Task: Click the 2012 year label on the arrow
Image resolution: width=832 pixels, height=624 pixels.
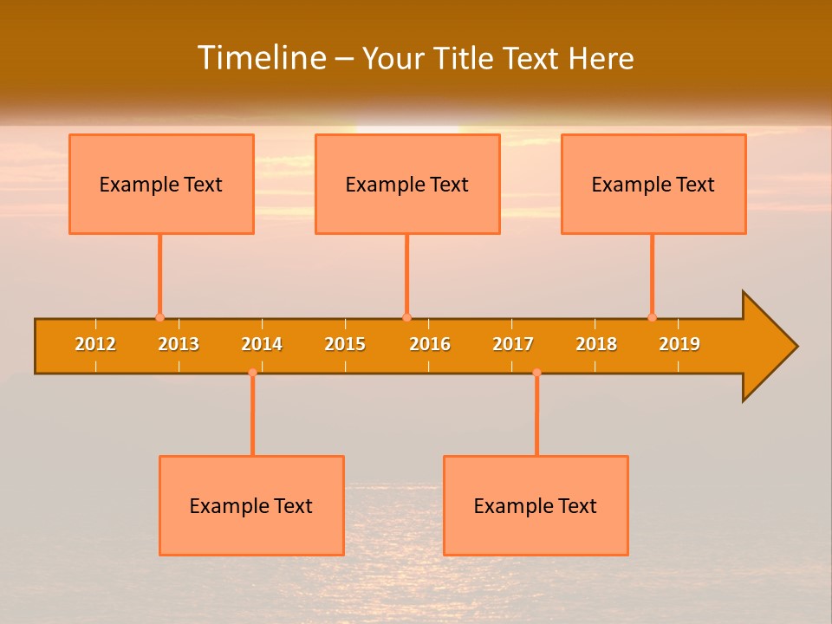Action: click(x=95, y=344)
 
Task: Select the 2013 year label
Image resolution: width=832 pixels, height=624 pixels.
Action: click(x=179, y=344)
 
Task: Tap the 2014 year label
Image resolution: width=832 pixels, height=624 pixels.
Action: click(x=262, y=344)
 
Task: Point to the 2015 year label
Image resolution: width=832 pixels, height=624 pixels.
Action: click(x=345, y=344)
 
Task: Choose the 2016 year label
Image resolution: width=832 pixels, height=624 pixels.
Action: click(x=430, y=344)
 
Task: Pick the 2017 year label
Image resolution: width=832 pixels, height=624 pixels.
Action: click(x=513, y=344)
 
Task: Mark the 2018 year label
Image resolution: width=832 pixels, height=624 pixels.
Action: click(x=596, y=344)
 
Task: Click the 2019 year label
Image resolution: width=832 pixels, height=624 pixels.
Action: click(x=679, y=344)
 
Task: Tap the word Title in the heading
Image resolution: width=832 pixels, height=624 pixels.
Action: click(x=465, y=58)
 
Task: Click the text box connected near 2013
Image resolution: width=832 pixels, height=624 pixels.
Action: click(x=161, y=184)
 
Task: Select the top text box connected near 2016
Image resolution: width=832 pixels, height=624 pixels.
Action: click(x=407, y=184)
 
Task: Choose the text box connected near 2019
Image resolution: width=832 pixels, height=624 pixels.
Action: click(x=653, y=184)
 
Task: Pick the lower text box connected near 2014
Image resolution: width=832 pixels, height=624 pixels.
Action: click(x=251, y=505)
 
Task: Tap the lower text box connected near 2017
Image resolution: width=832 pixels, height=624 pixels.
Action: click(x=536, y=505)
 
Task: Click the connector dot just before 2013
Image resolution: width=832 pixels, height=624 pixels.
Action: click(x=159, y=317)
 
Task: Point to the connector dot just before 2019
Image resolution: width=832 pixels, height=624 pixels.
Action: click(x=652, y=317)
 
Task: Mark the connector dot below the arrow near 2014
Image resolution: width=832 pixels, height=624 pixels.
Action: click(x=252, y=372)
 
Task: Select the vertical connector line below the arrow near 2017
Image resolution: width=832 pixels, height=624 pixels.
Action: click(x=536, y=416)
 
